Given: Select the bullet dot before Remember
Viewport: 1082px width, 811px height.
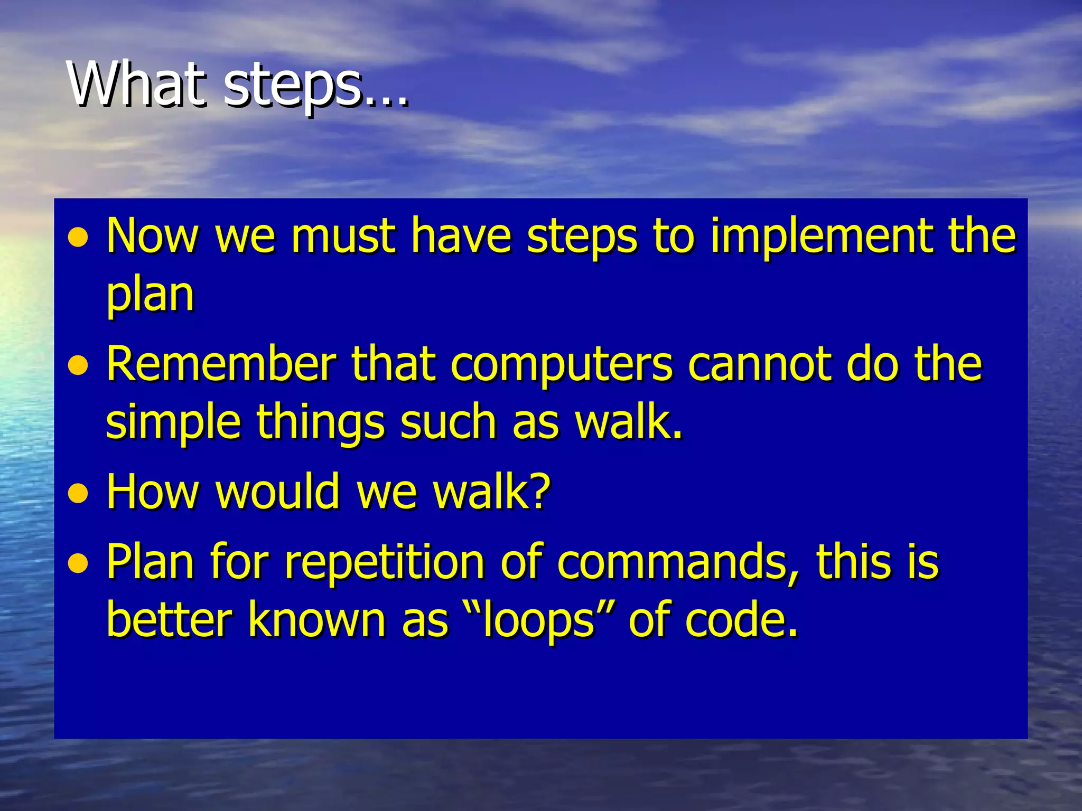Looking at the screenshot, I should point(78,365).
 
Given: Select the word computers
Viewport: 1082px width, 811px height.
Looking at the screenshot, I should point(562,366).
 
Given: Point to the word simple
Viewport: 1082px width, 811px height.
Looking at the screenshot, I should point(173,423).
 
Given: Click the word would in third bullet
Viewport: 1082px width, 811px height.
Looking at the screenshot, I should point(277,492).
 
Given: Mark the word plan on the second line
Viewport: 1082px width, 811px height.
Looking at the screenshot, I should point(150,295).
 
